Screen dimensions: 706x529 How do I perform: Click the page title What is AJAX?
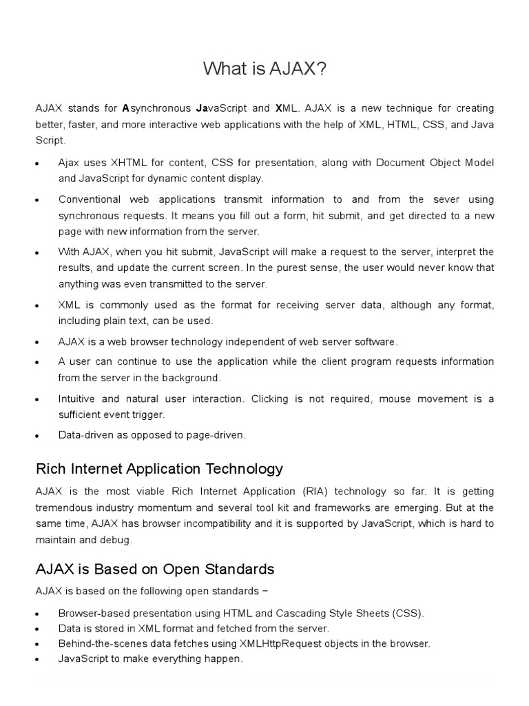(264, 69)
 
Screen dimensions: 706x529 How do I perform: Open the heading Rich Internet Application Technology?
(159, 469)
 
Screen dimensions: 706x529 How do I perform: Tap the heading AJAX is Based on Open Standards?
(155, 569)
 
